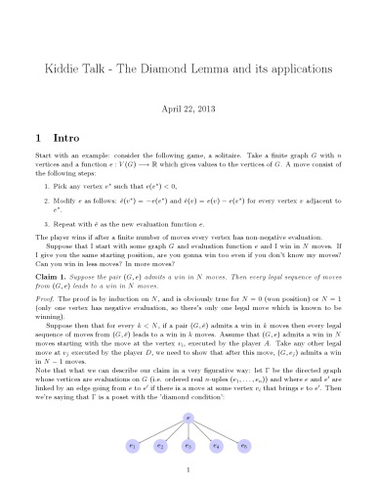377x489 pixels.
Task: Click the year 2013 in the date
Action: [x=207, y=111]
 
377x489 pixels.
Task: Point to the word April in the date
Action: [x=171, y=111]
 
